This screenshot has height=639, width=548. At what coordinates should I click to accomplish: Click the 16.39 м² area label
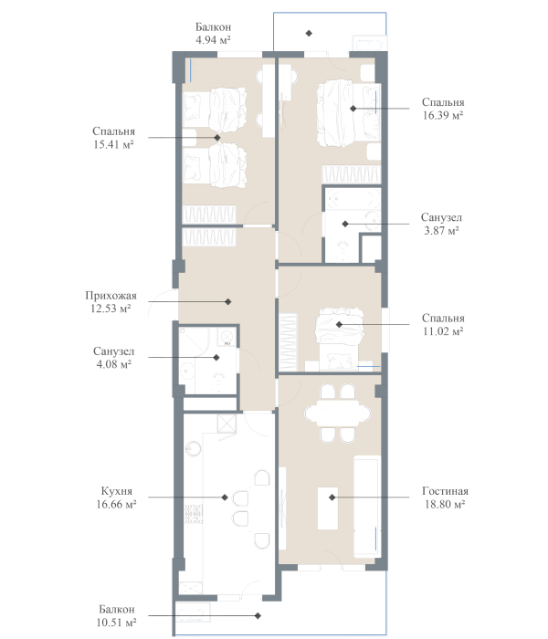coord(443,115)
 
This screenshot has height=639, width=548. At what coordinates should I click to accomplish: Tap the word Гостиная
coord(445,491)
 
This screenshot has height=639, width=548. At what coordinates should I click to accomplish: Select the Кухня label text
coord(117,491)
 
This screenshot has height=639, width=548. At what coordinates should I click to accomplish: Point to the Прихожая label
coord(111,296)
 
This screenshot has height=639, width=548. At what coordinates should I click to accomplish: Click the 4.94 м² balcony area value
coord(213,40)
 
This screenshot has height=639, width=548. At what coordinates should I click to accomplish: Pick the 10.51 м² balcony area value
coord(116,623)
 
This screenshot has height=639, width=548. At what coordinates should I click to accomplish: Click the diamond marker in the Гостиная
coord(332,498)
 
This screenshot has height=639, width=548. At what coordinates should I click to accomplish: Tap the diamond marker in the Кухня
coord(225,498)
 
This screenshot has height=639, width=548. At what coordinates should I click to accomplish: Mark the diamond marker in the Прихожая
coord(228,301)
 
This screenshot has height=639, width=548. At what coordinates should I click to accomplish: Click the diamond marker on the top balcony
coord(309,33)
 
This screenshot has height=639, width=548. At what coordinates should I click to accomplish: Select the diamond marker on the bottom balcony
coord(258,616)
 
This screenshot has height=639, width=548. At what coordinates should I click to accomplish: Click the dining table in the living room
coord(338,414)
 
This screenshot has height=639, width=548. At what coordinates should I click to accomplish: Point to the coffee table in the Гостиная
coord(328,508)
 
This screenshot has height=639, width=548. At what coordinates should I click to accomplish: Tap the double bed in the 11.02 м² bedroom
coord(339,339)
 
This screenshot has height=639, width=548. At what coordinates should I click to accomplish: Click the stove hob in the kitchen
coord(194,514)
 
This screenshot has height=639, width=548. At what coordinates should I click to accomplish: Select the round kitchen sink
coord(193,449)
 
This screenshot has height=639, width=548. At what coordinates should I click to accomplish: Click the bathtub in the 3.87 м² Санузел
coord(353,198)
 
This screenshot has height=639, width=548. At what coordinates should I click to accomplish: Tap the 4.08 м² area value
coord(114,364)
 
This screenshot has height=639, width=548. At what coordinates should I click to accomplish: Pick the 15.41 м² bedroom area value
coord(114,144)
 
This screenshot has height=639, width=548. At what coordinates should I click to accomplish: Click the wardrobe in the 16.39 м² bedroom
coord(351,174)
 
